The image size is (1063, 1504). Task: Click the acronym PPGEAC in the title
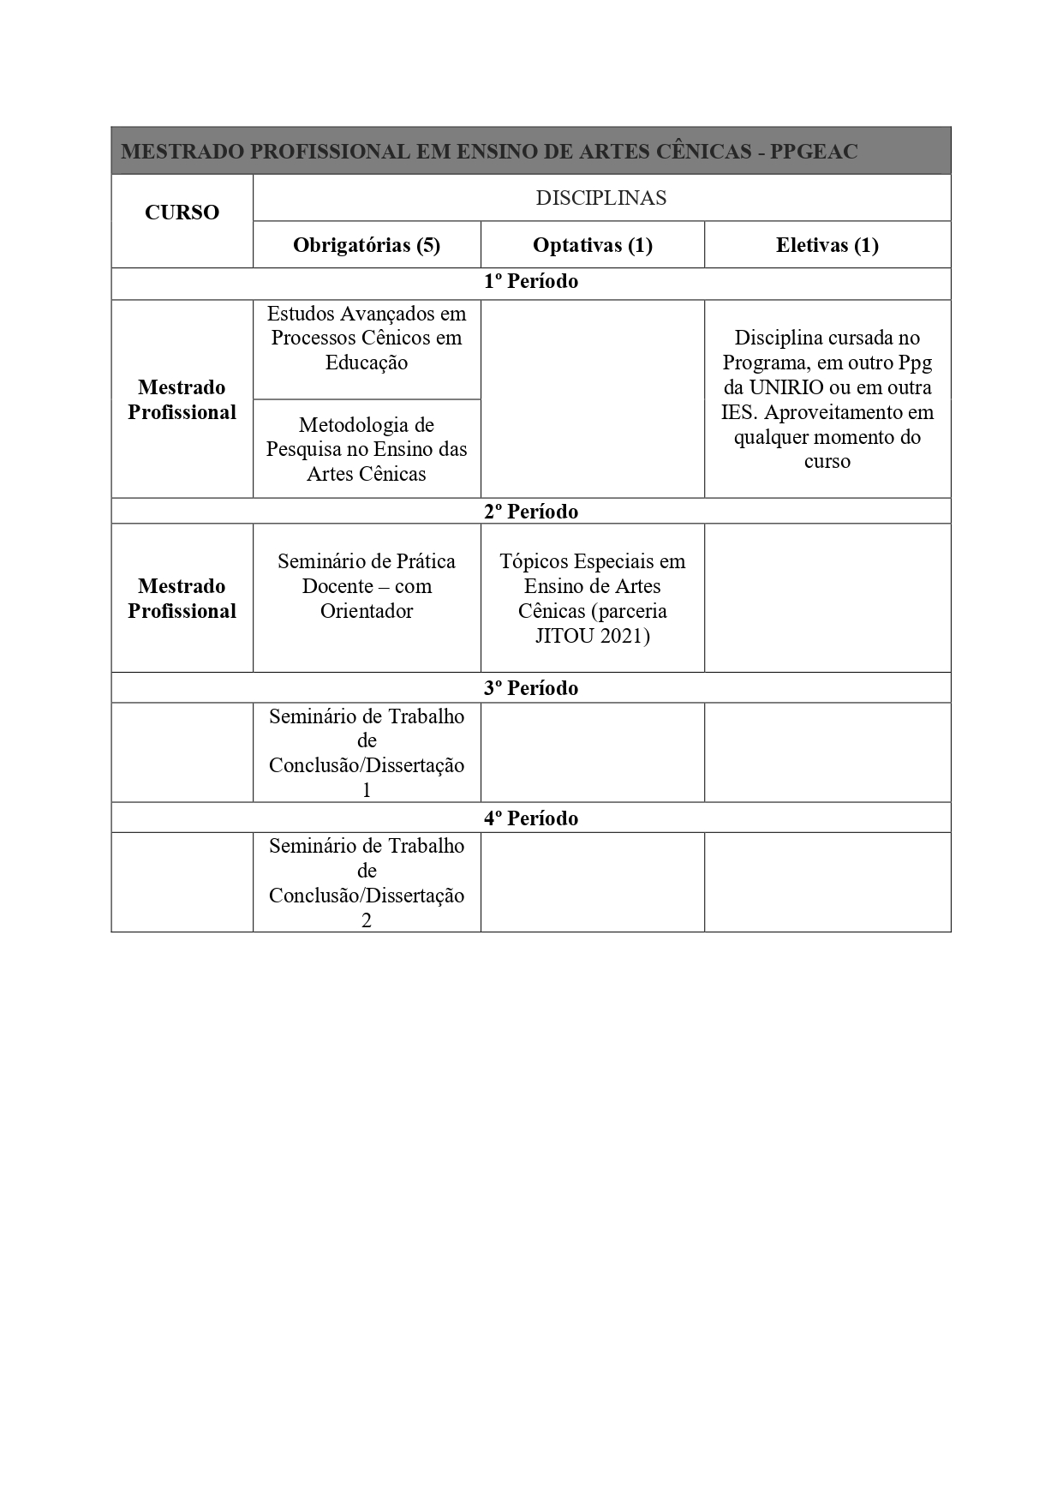pyautogui.click(x=813, y=152)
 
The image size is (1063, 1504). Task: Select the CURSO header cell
pyautogui.click(x=182, y=213)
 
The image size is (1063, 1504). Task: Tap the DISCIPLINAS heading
pyautogui.click(x=600, y=198)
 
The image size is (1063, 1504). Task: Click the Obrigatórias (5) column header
pyautogui.click(x=367, y=245)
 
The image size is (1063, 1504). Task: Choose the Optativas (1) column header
pyautogui.click(x=593, y=245)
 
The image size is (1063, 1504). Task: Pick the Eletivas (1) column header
pyautogui.click(x=827, y=245)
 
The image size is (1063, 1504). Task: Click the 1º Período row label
pyautogui.click(x=531, y=282)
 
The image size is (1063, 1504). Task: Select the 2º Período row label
pyautogui.click(x=531, y=512)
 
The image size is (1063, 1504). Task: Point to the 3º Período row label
pyautogui.click(x=531, y=688)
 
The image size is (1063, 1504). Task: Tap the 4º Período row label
pyautogui.click(x=531, y=818)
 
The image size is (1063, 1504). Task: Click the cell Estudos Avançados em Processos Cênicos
pyautogui.click(x=367, y=338)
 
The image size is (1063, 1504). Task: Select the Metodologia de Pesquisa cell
pyautogui.click(x=367, y=449)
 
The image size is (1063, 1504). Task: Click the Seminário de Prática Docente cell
pyautogui.click(x=367, y=586)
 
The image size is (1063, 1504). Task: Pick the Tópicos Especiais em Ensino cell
pyautogui.click(x=593, y=598)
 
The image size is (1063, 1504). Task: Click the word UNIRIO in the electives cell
pyautogui.click(x=787, y=387)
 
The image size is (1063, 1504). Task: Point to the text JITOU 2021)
pyautogui.click(x=593, y=636)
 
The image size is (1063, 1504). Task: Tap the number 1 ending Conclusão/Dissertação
pyautogui.click(x=367, y=790)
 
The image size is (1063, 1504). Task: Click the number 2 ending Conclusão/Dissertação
pyautogui.click(x=367, y=920)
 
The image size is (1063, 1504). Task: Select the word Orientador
pyautogui.click(x=367, y=611)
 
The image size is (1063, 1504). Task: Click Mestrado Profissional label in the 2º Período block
pyautogui.click(x=182, y=598)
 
